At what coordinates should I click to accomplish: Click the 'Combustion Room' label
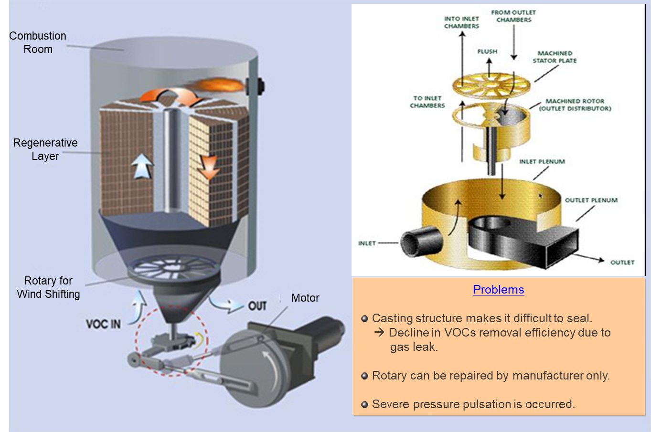pyautogui.click(x=38, y=42)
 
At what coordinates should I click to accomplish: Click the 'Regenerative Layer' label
pyautogui.click(x=45, y=149)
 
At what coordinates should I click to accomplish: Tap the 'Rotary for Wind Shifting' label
pyautogui.click(x=48, y=287)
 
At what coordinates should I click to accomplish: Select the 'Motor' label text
pyautogui.click(x=305, y=298)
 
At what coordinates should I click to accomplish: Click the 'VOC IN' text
pyautogui.click(x=103, y=324)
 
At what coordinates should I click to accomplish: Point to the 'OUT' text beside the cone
pyautogui.click(x=257, y=306)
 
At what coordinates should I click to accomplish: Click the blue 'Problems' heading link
pyautogui.click(x=498, y=290)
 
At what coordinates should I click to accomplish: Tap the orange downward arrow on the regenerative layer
pyautogui.click(x=209, y=168)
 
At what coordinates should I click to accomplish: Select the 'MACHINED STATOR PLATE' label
pyautogui.click(x=555, y=57)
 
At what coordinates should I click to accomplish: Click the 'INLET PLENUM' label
pyautogui.click(x=542, y=162)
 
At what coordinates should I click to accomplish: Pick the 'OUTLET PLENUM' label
pyautogui.click(x=591, y=200)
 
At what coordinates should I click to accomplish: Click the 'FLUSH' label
pyautogui.click(x=487, y=52)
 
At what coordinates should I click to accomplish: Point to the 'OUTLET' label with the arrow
pyautogui.click(x=622, y=263)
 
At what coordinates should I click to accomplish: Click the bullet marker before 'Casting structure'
pyautogui.click(x=365, y=319)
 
